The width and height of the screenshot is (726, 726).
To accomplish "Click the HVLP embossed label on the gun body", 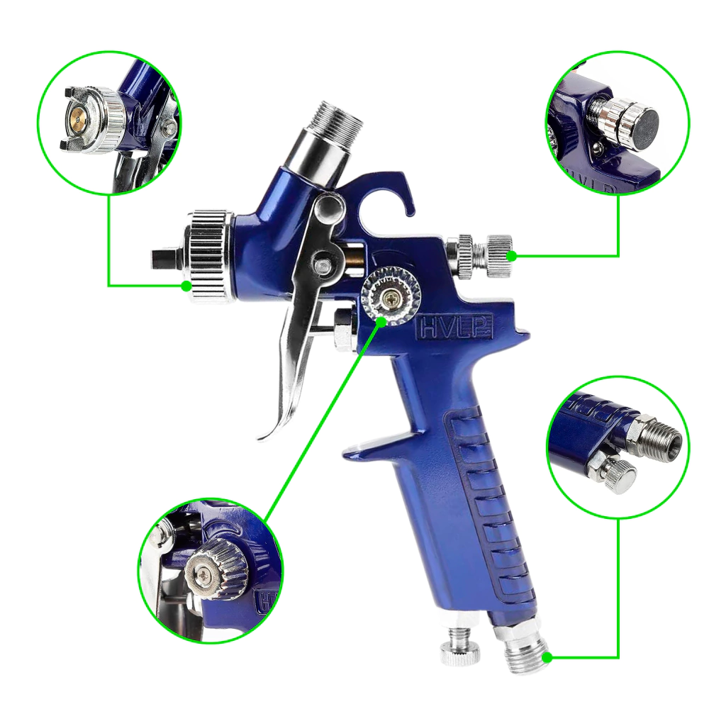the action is click(456, 328).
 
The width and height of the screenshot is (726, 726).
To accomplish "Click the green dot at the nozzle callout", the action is click(186, 286).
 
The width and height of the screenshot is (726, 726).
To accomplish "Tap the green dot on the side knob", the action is click(381, 321).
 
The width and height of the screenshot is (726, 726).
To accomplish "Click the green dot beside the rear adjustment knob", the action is click(512, 255).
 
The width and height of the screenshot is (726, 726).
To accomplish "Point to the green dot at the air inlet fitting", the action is click(547, 657).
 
